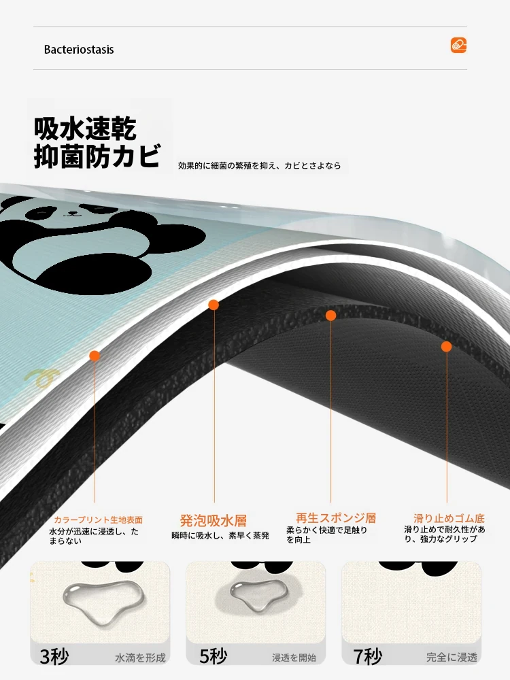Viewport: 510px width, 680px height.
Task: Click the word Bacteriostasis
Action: point(79,50)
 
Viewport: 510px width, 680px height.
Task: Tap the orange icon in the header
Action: point(458,45)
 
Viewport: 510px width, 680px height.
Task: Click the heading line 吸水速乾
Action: point(86,129)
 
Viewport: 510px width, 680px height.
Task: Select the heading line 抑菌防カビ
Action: point(97,156)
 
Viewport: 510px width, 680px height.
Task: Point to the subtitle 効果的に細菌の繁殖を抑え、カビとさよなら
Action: point(259,166)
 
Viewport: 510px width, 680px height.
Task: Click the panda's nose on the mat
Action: point(73,214)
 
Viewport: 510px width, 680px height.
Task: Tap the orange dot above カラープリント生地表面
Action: point(95,356)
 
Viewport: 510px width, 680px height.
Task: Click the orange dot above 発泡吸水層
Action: point(214,305)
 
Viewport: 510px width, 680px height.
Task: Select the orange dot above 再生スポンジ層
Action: point(331,316)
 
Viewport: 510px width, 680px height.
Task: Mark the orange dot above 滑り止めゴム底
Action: point(447,347)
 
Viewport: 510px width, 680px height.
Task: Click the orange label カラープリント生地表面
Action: point(98,520)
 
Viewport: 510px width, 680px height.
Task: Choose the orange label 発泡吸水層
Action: point(214,520)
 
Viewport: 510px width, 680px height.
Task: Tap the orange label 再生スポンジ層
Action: point(336,517)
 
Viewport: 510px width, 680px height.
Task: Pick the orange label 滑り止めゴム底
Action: point(449,518)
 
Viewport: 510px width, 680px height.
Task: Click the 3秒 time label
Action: point(54,657)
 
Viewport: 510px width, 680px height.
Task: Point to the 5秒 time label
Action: point(214,657)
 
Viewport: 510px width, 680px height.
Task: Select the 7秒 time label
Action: point(368,657)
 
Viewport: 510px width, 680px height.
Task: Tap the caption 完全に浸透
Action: point(452,658)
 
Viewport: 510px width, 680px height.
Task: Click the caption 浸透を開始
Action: point(294,658)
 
